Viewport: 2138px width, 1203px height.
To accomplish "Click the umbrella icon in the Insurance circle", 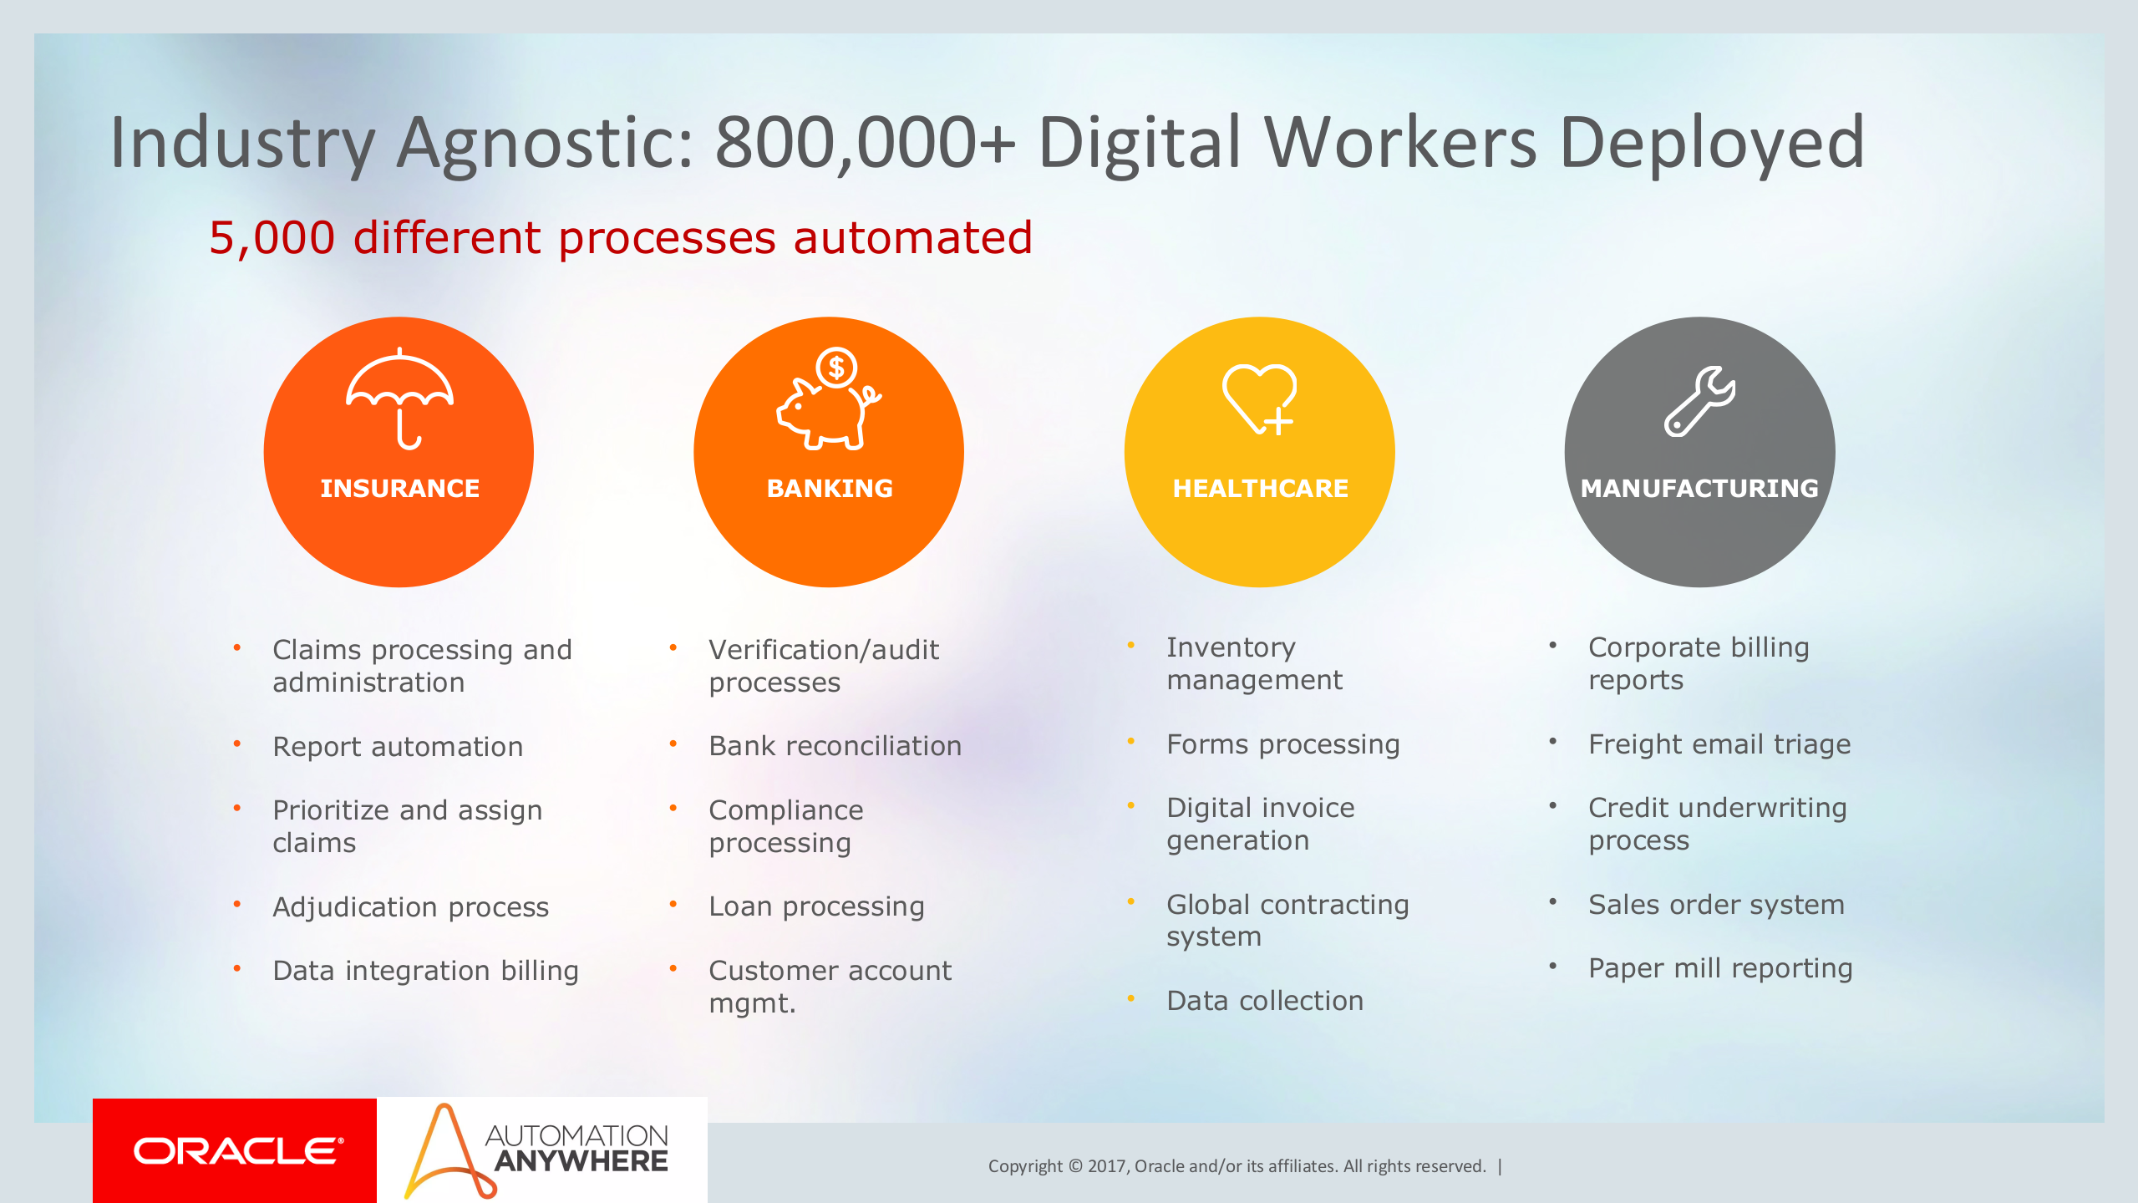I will pyautogui.click(x=399, y=398).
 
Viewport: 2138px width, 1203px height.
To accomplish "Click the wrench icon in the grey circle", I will pyautogui.click(x=1699, y=402).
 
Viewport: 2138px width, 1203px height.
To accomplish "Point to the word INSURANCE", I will pyautogui.click(x=399, y=488).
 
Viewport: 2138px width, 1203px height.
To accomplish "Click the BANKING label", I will pyautogui.click(x=830, y=488).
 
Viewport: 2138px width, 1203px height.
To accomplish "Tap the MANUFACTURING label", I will pyautogui.click(x=1699, y=488).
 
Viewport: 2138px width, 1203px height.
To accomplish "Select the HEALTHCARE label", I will pyautogui.click(x=1260, y=488).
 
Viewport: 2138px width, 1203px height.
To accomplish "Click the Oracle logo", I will pyautogui.click(x=237, y=1150).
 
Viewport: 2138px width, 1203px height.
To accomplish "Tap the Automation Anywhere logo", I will pyautogui.click(x=540, y=1150).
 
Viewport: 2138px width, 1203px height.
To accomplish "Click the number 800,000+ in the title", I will pyautogui.click(x=864, y=144).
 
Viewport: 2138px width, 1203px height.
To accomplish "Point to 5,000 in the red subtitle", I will pyautogui.click(x=272, y=238).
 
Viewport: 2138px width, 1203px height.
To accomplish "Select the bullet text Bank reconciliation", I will pyautogui.click(x=835, y=746).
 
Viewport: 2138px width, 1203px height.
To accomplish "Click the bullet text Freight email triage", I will pyautogui.click(x=1719, y=744).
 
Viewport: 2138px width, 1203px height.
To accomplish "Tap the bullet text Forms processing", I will pyautogui.click(x=1282, y=744).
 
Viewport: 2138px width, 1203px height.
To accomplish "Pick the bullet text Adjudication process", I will pyautogui.click(x=410, y=907).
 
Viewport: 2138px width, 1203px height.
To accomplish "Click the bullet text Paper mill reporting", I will pyautogui.click(x=1719, y=968).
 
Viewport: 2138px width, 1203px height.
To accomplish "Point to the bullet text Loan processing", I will pyautogui.click(x=816, y=906).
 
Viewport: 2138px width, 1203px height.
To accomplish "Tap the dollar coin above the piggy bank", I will pyautogui.click(x=836, y=367).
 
